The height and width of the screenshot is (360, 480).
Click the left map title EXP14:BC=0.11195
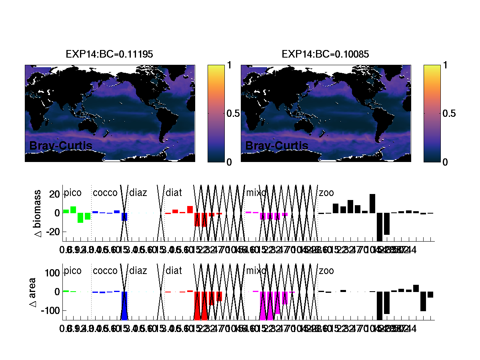pos(109,54)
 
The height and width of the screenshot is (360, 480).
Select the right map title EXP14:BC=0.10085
pos(325,54)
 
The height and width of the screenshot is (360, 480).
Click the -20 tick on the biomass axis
pos(53,232)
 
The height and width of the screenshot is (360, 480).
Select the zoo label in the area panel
pos(326,271)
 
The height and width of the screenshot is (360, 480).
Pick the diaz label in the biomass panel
pos(138,193)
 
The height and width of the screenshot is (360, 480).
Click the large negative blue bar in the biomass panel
pos(124,216)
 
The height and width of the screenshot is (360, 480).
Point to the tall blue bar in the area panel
pos(124,306)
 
